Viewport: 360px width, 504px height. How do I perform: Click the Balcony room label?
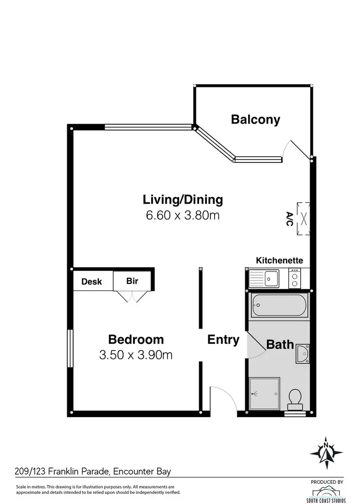pyautogui.click(x=255, y=120)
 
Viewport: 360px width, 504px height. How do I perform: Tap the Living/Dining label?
pyautogui.click(x=183, y=199)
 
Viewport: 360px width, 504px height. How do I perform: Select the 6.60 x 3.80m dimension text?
pyautogui.click(x=183, y=215)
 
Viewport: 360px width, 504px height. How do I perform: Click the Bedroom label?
pyautogui.click(x=136, y=340)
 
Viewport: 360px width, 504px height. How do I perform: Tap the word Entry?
pyautogui.click(x=223, y=340)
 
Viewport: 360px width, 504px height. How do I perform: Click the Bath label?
pyautogui.click(x=280, y=344)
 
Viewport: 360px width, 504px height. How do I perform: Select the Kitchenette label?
pyautogui.click(x=279, y=260)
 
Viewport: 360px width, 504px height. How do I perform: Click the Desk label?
pyautogui.click(x=92, y=282)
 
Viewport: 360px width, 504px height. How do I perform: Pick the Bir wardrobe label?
pyautogui.click(x=132, y=281)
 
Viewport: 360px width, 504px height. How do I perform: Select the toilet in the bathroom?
pyautogui.click(x=294, y=398)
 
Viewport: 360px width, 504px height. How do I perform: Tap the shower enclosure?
pyautogui.click(x=264, y=393)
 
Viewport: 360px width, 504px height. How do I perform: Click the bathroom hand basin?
pyautogui.click(x=303, y=354)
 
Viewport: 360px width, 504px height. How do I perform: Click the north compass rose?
pyautogui.click(x=326, y=453)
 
